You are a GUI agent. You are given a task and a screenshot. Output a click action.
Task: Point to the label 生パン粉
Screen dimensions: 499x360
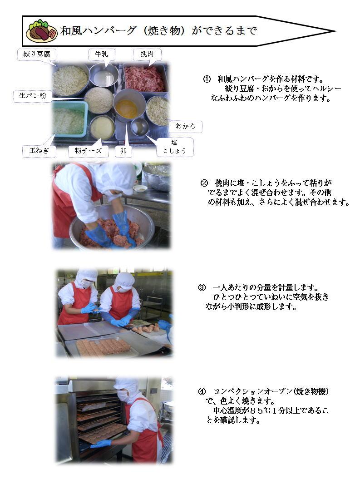[32, 96]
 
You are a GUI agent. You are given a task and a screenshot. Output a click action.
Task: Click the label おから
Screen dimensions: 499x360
[185, 126]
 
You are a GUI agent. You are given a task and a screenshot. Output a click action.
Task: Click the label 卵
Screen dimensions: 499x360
[123, 151]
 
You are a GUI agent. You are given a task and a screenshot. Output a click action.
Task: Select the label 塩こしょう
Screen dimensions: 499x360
[175, 147]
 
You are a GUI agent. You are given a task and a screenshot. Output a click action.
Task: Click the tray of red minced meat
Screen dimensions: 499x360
[145, 78]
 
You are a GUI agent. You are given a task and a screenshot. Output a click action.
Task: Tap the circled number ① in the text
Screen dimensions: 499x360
[207, 79]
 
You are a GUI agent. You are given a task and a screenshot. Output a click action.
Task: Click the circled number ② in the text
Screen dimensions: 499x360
[204, 183]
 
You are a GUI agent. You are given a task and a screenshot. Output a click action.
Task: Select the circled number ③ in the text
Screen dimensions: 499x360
[202, 287]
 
